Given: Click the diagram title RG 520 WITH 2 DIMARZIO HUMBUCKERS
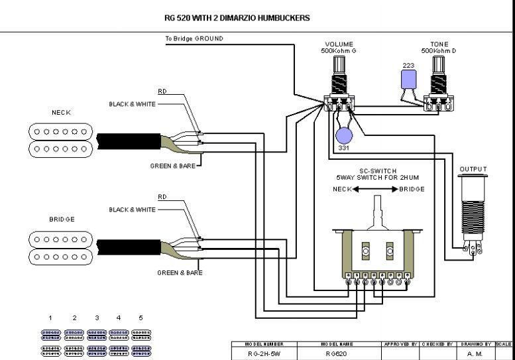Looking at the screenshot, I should pos(237,18).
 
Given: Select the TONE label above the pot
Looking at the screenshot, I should pos(439,44).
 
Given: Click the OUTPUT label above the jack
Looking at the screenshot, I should pos(473,169).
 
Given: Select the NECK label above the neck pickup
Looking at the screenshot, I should pos(61,113).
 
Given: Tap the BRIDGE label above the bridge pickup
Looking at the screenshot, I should pos(62,219).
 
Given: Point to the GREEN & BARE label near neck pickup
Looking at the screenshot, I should pos(172,166).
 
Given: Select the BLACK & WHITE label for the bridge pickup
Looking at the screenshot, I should pos(132,210).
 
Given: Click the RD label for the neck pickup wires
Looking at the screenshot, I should pos(162,91).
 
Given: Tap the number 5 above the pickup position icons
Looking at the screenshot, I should pos(141,318).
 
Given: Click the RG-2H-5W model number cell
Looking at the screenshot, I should pos(264,355).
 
